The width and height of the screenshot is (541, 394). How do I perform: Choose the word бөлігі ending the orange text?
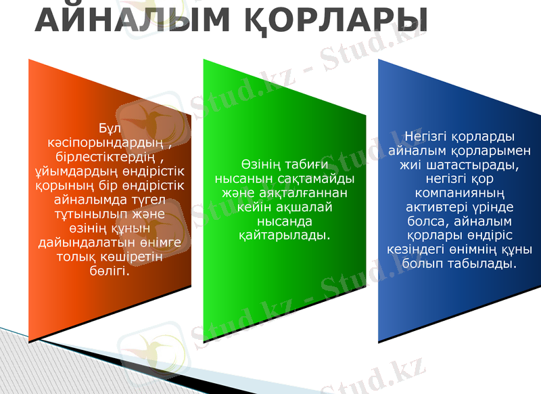coord(108,271)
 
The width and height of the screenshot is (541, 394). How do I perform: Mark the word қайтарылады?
coord(285,236)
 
